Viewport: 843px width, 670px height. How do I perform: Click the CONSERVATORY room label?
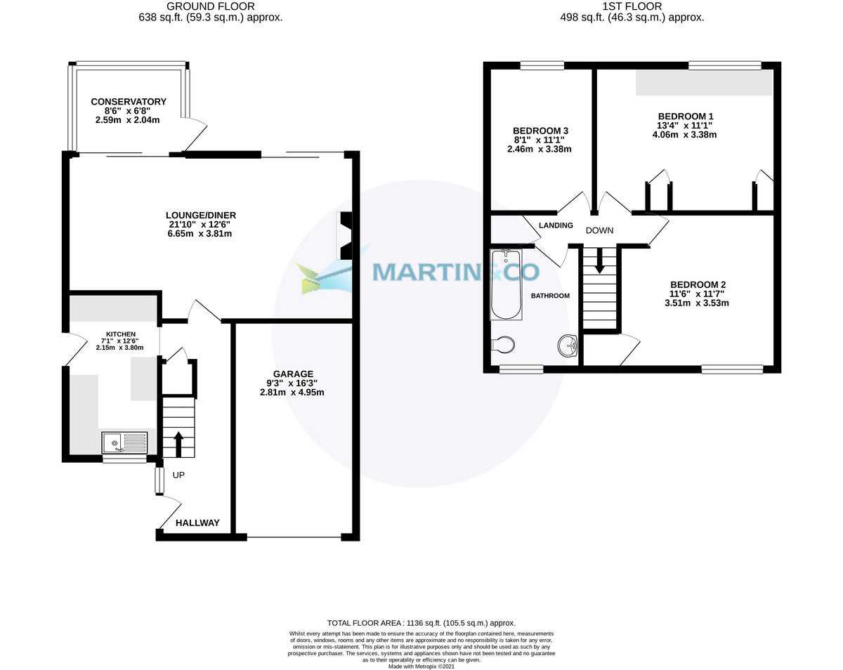pyautogui.click(x=129, y=102)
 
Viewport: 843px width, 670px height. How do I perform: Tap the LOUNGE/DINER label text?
pyautogui.click(x=200, y=215)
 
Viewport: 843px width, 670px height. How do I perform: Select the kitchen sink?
pyautogui.click(x=124, y=443)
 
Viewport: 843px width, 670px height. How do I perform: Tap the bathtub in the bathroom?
pyautogui.click(x=505, y=284)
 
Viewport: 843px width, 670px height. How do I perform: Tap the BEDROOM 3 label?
pyautogui.click(x=540, y=131)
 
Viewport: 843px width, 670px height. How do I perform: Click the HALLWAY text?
pyautogui.click(x=197, y=523)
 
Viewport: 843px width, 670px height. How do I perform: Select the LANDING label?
pyautogui.click(x=556, y=225)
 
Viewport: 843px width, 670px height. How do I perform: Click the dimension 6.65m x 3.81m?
pyautogui.click(x=200, y=234)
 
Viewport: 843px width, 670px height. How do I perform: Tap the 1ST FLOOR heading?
pyautogui.click(x=632, y=6)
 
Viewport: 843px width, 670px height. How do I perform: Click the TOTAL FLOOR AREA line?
pyautogui.click(x=421, y=623)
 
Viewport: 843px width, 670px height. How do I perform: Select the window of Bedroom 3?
pyautogui.click(x=542, y=66)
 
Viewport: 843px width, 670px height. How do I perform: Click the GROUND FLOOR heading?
pyautogui.click(x=211, y=6)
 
